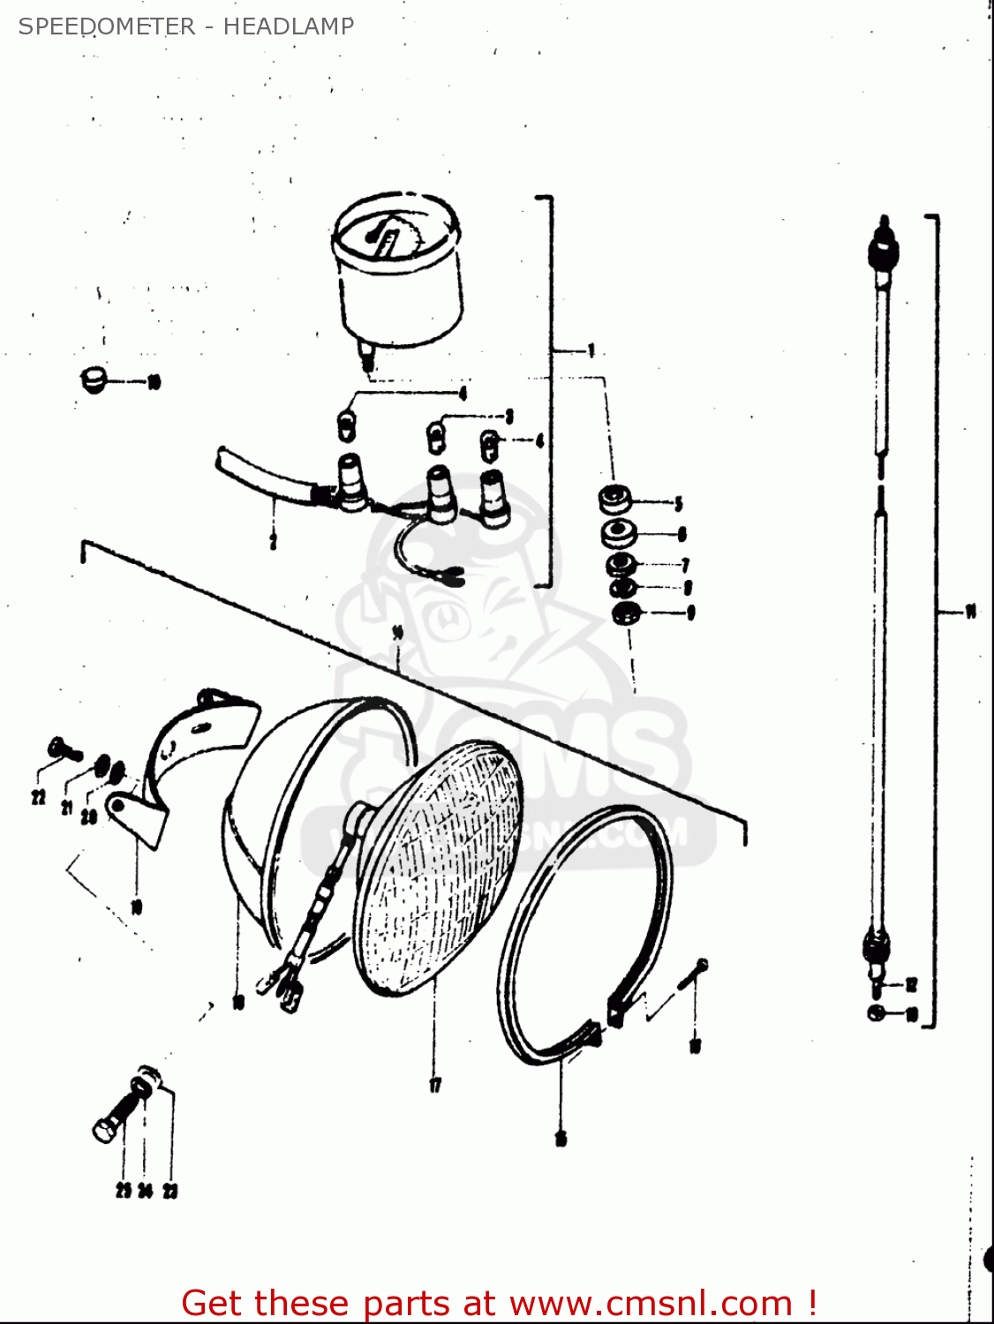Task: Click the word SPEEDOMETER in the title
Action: click(107, 26)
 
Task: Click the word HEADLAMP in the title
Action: click(288, 26)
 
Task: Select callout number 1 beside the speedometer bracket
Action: click(591, 351)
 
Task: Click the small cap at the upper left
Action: click(92, 380)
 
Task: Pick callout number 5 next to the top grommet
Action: click(678, 504)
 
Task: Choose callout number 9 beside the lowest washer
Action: click(690, 612)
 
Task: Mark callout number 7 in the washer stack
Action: click(685, 565)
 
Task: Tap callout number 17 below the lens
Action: click(435, 1085)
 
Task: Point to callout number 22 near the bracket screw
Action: click(38, 798)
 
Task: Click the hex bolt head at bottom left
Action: click(104, 1130)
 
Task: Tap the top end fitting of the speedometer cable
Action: click(883, 247)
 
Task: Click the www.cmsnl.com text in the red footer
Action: click(651, 1303)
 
